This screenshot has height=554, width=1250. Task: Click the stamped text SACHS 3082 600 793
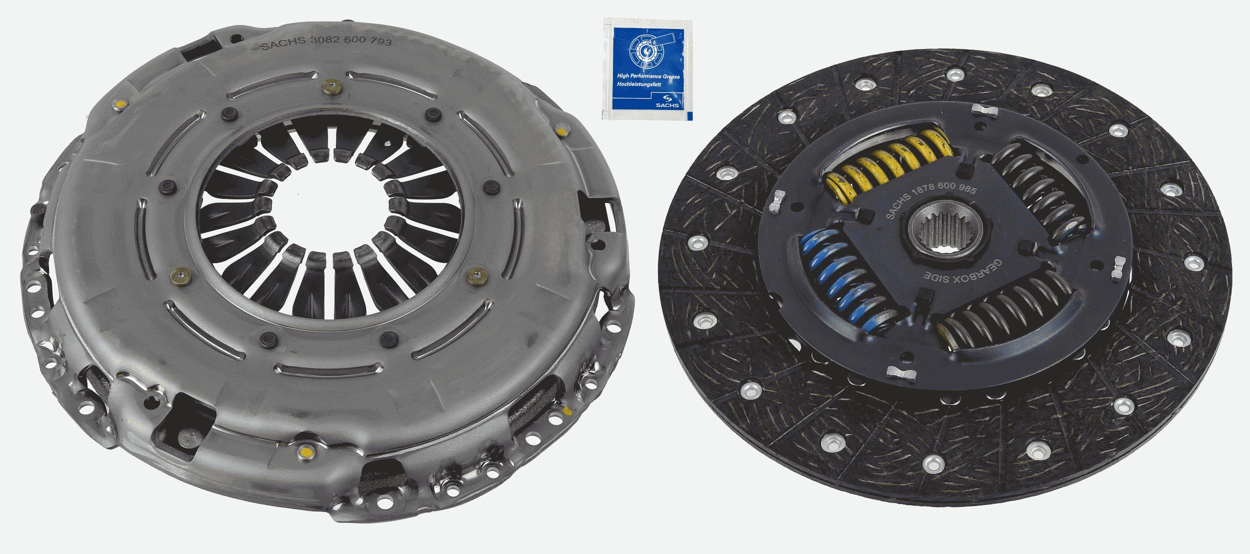(x=326, y=44)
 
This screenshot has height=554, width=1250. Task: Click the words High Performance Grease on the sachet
(x=647, y=76)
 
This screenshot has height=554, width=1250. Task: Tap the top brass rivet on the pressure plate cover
(x=332, y=88)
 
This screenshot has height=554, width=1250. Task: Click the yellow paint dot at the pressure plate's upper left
(x=119, y=104)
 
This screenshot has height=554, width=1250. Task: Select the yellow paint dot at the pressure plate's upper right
(x=560, y=132)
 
